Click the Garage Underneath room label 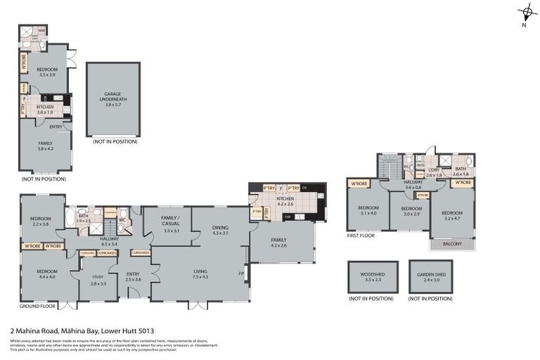pos(113,96)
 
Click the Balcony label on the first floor pos(452,244)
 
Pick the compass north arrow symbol pos(526,13)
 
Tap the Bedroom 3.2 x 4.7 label pos(452,215)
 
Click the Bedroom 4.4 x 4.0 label pos(47,274)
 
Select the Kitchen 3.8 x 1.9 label pos(45,109)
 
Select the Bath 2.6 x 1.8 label pos(461,171)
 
